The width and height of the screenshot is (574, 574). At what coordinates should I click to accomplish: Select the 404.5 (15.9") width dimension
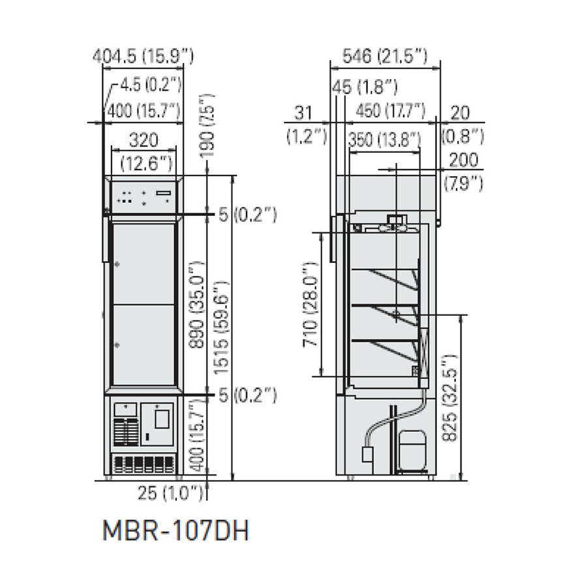pyautogui.click(x=143, y=56)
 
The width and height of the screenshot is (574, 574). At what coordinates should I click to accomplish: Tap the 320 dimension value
pyautogui.click(x=143, y=140)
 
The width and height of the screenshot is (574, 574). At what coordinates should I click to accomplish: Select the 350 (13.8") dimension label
pyautogui.click(x=384, y=140)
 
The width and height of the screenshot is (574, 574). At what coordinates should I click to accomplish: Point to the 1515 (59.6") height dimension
pyautogui.click(x=220, y=326)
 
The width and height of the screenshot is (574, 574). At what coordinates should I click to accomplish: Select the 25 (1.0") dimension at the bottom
pyautogui.click(x=170, y=494)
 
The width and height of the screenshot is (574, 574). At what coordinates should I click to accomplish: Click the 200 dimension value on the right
pyautogui.click(x=464, y=159)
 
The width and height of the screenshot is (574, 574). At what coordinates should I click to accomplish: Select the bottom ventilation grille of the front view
pyautogui.click(x=143, y=464)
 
